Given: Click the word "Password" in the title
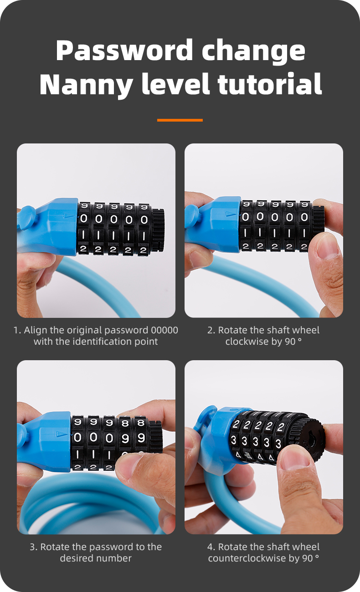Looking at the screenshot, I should [124, 51].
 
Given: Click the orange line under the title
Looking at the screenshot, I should [180, 120].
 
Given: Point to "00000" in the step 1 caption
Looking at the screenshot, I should [164, 330].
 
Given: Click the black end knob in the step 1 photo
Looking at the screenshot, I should [158, 230].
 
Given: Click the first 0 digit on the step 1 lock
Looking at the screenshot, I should [84, 219].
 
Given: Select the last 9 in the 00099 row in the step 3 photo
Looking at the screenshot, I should [141, 438].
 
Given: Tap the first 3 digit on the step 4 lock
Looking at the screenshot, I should [234, 440].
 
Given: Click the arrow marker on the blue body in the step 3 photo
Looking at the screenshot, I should [61, 434].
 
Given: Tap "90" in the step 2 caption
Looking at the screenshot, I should [290, 342].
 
